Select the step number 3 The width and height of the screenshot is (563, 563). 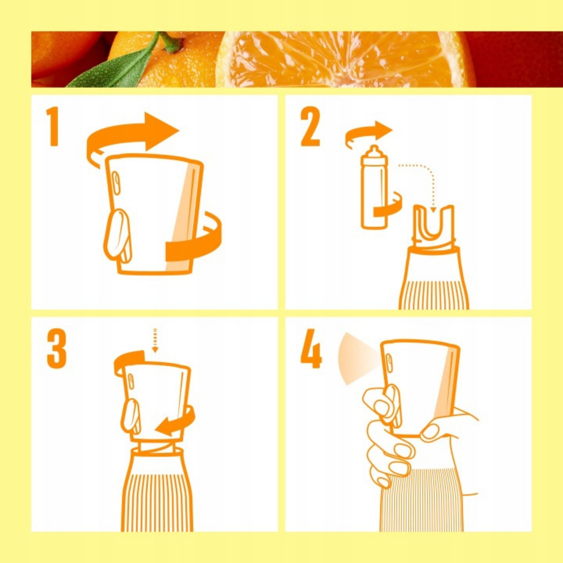point(57,349)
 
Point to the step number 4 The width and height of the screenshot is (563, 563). point(311,349)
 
